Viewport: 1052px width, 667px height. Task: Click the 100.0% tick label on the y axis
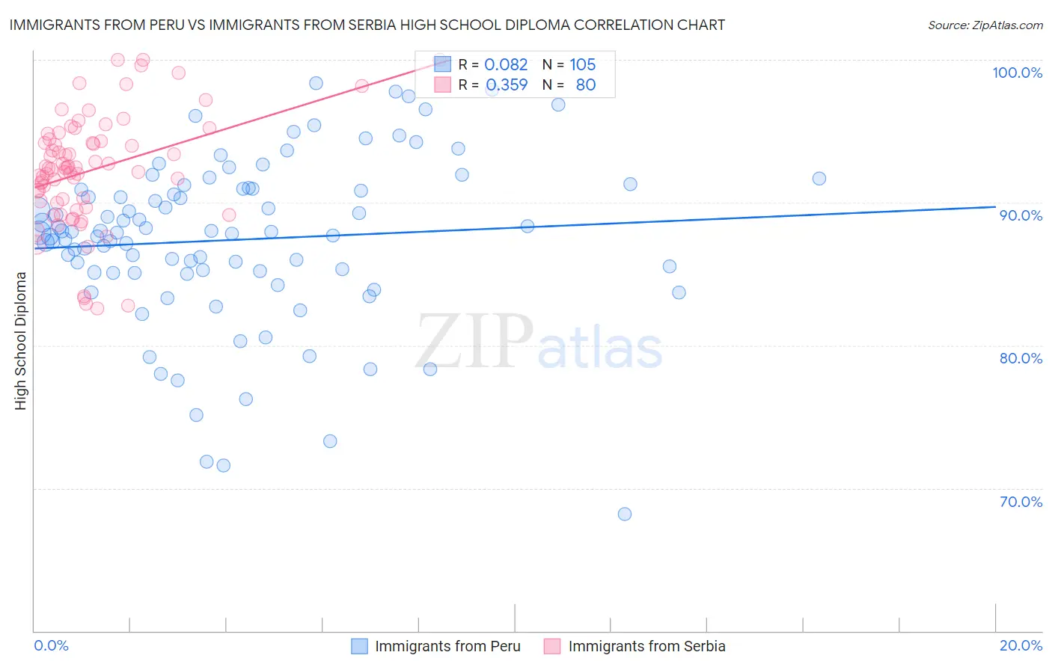tap(1017, 73)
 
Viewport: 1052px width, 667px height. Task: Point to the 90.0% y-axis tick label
tap(1021, 215)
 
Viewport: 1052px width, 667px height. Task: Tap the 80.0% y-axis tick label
tap(1021, 358)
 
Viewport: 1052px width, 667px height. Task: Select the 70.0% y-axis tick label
tap(1021, 502)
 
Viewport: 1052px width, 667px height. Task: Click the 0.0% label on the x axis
tap(51, 645)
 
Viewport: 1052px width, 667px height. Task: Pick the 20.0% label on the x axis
tap(1021, 645)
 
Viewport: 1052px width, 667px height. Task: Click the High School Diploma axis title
tap(21, 340)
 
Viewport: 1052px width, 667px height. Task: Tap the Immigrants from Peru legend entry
tap(447, 646)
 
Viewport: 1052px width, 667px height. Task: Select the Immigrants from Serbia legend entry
tap(646, 646)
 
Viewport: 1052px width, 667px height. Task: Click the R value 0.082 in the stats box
tap(506, 65)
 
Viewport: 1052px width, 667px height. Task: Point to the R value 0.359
tap(506, 85)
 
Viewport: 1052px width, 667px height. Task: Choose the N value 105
tap(582, 65)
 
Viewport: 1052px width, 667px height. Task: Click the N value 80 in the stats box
tap(585, 85)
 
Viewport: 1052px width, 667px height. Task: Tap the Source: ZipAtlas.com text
tap(985, 25)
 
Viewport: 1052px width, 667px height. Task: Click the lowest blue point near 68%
tap(625, 514)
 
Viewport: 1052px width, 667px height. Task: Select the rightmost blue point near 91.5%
tap(819, 178)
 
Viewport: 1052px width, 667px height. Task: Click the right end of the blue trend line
tap(995, 206)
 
